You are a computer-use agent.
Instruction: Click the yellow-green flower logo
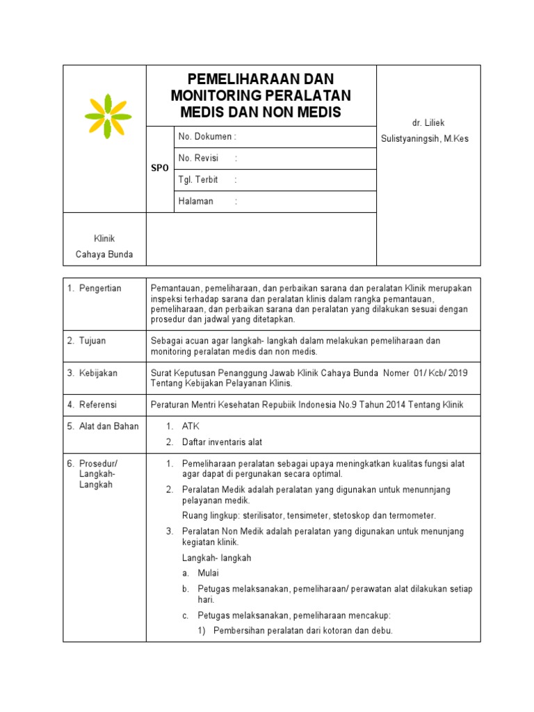pos(108,116)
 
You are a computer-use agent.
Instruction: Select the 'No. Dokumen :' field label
pos(207,137)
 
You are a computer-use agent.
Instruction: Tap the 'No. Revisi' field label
pos(198,159)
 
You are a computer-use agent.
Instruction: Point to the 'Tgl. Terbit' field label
pos(198,180)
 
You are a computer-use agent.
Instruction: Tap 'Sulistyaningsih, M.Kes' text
pos(425,139)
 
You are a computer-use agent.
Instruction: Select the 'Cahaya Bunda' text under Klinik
pos(104,254)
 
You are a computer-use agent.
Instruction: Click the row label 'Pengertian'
pos(99,289)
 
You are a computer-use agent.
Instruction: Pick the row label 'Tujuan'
pos(91,341)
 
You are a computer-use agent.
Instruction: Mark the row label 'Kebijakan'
pos(97,373)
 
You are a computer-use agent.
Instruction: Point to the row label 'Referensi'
pos(97,405)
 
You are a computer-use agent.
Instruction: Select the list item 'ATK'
pos(191,426)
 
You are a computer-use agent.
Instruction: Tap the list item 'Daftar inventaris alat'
pos(222,442)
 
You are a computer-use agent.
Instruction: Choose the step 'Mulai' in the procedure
pos(208,574)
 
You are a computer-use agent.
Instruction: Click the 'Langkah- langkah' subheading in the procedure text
pos(217,558)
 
